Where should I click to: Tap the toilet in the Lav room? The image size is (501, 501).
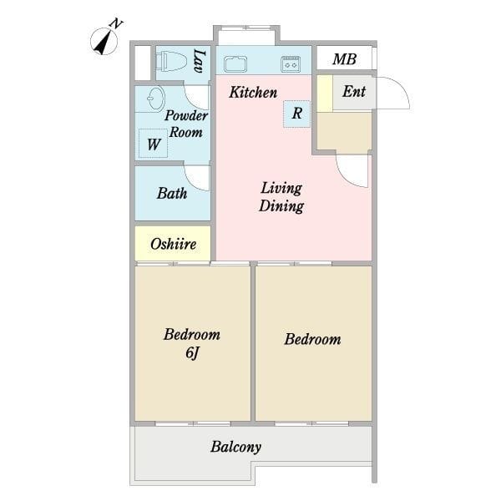tap(171, 61)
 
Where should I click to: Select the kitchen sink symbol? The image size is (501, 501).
tap(235, 63)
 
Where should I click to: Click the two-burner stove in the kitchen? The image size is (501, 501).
tap(291, 64)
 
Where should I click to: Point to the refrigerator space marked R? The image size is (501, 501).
tap(296, 114)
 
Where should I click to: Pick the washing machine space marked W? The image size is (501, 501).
tap(154, 144)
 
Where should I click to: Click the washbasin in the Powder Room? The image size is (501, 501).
tap(156, 99)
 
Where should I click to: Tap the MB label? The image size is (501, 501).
tap(344, 59)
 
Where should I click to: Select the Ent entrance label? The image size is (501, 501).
tap(354, 91)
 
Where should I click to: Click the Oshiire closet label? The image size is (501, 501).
tap(173, 244)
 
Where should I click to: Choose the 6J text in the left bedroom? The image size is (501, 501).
tap(192, 352)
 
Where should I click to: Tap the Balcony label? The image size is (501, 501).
tap(235, 447)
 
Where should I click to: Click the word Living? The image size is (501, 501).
tap(281, 188)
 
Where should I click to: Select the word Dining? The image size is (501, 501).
tap(281, 205)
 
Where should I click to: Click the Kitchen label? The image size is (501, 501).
tap(253, 93)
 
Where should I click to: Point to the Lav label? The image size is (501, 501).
tap(200, 61)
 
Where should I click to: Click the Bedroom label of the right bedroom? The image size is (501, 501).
tap(312, 339)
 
